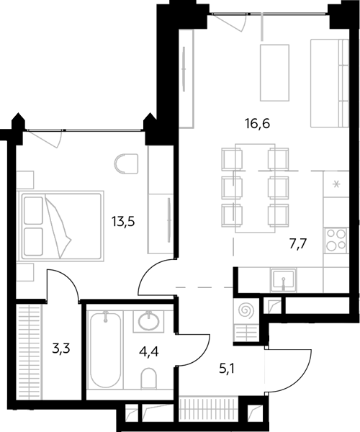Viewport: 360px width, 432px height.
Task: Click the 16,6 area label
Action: [257, 124]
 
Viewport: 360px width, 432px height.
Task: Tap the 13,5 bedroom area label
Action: [123, 221]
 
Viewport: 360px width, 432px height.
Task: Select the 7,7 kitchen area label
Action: [298, 244]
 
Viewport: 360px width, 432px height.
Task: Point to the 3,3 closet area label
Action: [61, 349]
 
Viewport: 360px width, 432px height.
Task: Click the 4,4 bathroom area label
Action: [149, 352]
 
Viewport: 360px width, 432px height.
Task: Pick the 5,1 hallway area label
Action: [227, 369]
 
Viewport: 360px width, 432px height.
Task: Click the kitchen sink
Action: [283, 279]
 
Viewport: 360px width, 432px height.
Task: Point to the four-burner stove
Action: [336, 240]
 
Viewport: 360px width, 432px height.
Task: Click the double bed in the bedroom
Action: [60, 226]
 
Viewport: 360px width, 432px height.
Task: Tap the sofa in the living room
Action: [330, 84]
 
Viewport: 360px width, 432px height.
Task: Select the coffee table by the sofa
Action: [274, 73]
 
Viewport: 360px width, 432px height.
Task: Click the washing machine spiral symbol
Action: [247, 310]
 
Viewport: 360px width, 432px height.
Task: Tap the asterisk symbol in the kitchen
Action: [336, 184]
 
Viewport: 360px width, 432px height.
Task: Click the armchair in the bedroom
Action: [127, 163]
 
